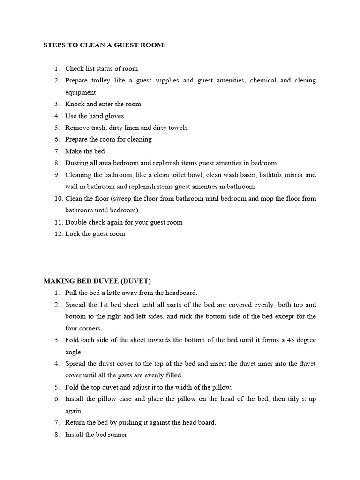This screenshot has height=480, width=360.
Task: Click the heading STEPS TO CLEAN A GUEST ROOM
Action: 105,45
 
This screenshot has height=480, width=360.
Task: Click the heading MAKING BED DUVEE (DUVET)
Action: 97,281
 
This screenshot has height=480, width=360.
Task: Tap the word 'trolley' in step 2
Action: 101,81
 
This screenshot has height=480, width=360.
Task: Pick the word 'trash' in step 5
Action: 100,127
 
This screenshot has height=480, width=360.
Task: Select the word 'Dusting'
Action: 76,163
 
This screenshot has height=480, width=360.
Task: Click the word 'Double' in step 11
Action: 76,222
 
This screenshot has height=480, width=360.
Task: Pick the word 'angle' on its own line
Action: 73,352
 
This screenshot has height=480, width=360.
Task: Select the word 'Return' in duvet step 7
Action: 75,422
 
